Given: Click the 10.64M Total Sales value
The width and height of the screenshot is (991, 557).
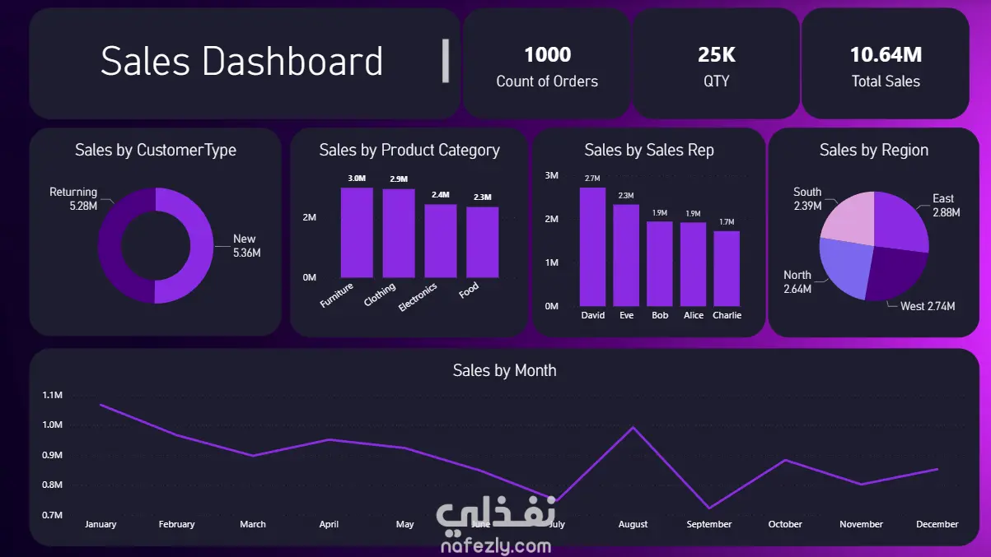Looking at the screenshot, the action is click(x=886, y=55).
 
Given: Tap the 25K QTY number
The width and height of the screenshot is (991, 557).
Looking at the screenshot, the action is click(x=716, y=55).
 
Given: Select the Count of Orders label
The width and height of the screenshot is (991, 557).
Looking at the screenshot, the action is click(x=547, y=81).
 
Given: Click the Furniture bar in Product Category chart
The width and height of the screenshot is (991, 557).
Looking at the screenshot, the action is click(x=357, y=233).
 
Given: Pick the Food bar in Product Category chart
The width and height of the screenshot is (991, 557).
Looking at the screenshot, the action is click(x=482, y=242).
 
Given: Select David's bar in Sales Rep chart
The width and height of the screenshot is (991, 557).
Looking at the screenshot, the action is click(x=592, y=247).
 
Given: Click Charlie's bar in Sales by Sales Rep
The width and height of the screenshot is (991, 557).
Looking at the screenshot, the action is click(x=727, y=268).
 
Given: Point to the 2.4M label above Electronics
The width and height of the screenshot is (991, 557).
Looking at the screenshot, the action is click(x=440, y=195).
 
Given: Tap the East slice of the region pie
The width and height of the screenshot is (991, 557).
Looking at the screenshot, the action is click(x=900, y=220).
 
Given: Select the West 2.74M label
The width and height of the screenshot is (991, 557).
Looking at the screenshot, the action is click(x=928, y=306).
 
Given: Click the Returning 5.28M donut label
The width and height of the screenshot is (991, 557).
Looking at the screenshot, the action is click(x=73, y=199).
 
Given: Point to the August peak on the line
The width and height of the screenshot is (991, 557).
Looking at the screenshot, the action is click(x=633, y=427).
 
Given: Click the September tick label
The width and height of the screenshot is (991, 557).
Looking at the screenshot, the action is click(x=708, y=524).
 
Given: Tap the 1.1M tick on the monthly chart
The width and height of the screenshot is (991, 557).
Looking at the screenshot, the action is click(x=52, y=395).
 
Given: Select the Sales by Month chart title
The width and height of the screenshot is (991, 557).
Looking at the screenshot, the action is click(x=504, y=370).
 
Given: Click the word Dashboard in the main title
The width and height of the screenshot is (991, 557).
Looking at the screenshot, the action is click(x=292, y=62).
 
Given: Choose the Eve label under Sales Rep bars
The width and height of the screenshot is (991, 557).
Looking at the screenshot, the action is click(x=626, y=315).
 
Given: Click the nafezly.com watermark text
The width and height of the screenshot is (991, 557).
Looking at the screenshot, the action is click(x=496, y=546).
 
